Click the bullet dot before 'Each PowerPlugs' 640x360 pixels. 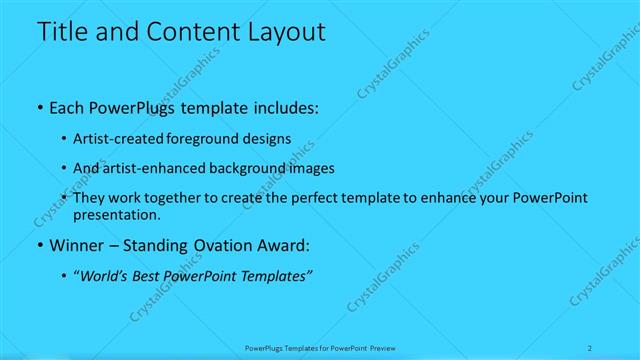pyautogui.click(x=38, y=107)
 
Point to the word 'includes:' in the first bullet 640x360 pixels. pyautogui.click(x=283, y=107)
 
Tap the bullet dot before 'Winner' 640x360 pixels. pyautogui.click(x=38, y=245)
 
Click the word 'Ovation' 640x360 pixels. pyautogui.click(x=214, y=245)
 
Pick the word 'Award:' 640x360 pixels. pyautogui.click(x=282, y=245)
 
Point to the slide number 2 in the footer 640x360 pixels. pyautogui.click(x=591, y=348)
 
